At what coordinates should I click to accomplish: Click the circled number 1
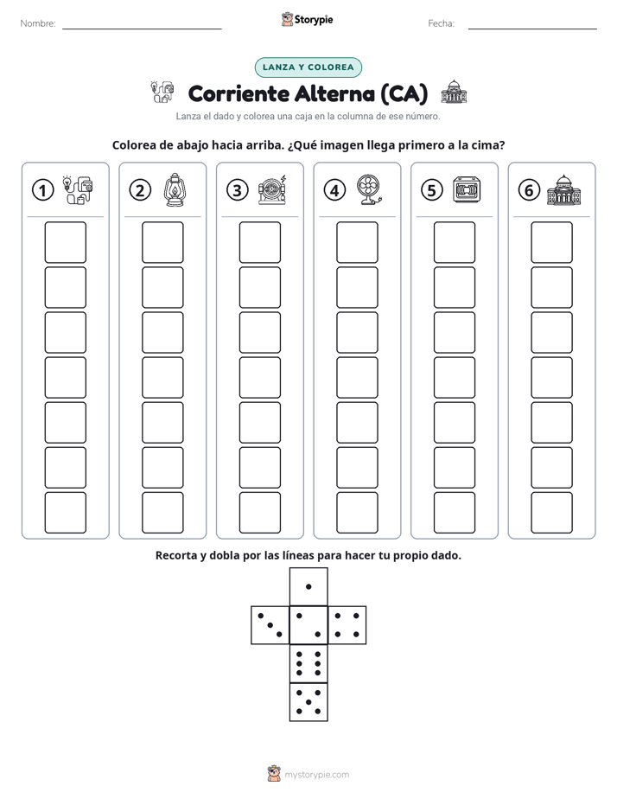(42, 190)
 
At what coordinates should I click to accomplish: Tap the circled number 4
(334, 190)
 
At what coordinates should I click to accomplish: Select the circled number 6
(529, 190)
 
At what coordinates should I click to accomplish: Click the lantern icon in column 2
(174, 190)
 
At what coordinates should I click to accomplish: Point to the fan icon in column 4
(369, 189)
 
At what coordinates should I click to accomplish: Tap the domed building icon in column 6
(563, 190)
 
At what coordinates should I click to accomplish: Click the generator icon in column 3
(272, 190)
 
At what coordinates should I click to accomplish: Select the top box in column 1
(65, 242)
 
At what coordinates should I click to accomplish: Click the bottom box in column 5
(454, 513)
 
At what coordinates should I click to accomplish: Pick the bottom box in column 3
(259, 513)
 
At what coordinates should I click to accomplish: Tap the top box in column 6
(551, 242)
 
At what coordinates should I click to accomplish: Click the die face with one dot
(308, 586)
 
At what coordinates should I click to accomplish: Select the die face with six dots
(308, 663)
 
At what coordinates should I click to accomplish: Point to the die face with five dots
(308, 702)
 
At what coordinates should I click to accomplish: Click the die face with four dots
(347, 625)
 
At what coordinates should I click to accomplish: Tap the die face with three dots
(270, 625)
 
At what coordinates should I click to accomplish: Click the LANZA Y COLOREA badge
(308, 67)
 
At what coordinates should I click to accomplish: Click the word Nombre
(38, 23)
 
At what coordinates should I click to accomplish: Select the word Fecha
(442, 23)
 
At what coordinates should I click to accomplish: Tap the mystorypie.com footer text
(316, 775)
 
